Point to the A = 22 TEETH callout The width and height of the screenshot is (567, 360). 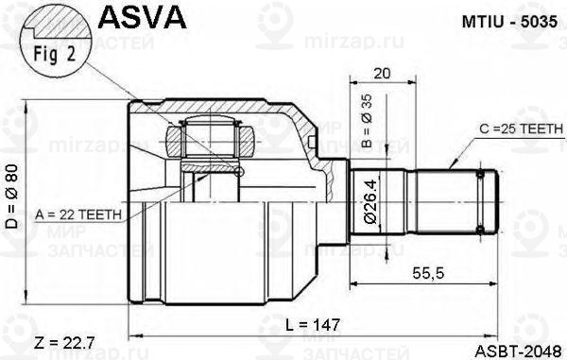tap(75, 215)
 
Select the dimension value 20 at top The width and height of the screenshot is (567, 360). tap(382, 74)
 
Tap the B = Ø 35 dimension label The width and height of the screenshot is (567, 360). tap(368, 124)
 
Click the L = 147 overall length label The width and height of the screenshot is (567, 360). tap(313, 324)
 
